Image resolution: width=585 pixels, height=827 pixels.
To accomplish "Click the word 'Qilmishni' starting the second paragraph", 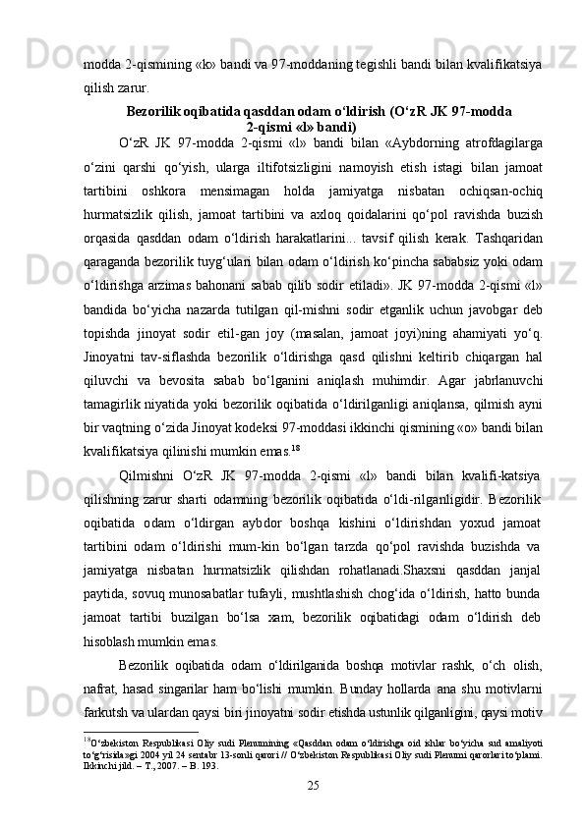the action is (148, 476).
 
